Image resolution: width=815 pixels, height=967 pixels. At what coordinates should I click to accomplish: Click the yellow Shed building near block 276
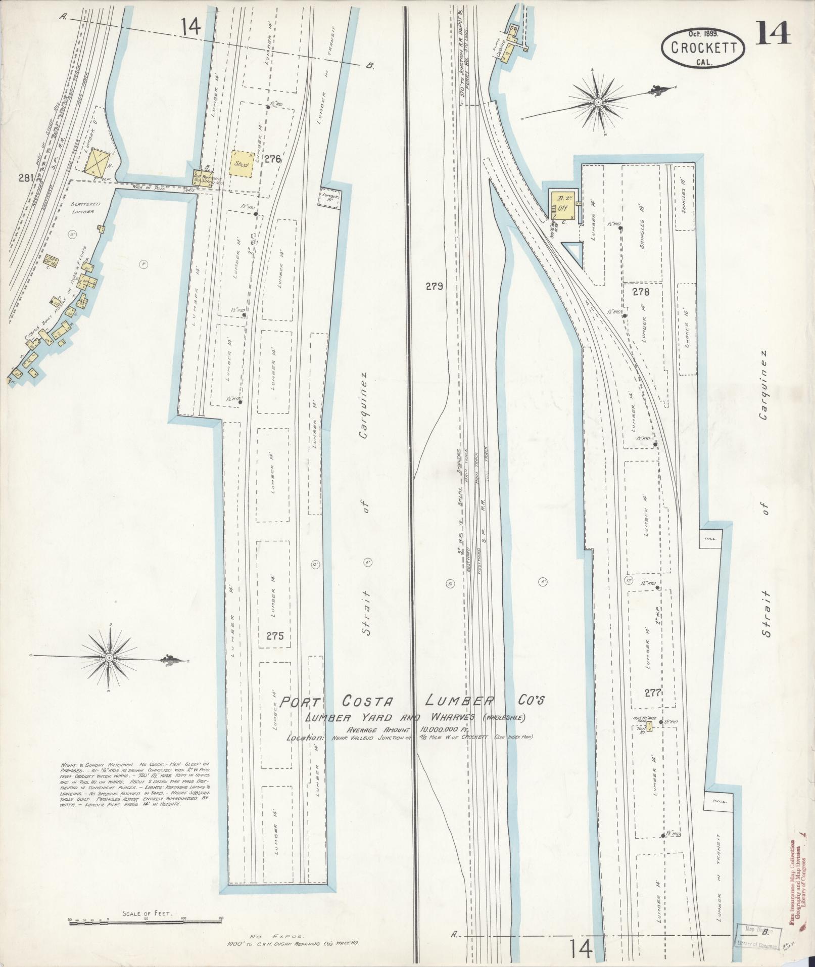[241, 163]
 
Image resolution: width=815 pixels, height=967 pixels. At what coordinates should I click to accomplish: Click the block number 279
[434, 286]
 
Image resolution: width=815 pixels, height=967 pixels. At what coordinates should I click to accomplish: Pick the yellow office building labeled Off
[561, 206]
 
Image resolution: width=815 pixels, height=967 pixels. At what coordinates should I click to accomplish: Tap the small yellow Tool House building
[649, 727]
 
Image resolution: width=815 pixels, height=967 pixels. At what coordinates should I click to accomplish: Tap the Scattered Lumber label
[79, 208]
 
